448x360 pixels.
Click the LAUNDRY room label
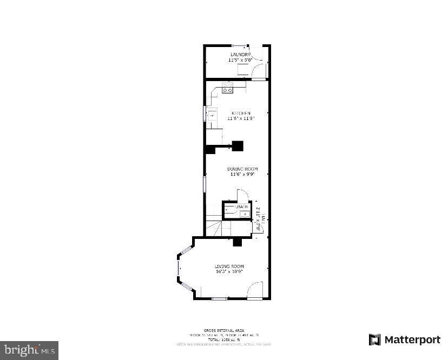(x=240, y=55)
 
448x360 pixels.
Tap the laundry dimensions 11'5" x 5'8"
(x=240, y=60)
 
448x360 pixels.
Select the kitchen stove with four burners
(x=227, y=88)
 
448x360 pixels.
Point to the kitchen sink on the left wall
(x=212, y=115)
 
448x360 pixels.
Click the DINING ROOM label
(x=242, y=169)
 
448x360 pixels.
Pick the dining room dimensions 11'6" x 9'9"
(x=242, y=174)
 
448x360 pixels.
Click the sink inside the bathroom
(x=244, y=214)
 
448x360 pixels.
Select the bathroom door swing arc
(x=243, y=195)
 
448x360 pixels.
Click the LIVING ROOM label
(x=229, y=266)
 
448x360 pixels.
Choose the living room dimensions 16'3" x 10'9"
(x=229, y=271)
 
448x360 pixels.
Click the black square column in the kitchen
(x=238, y=145)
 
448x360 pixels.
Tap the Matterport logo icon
(x=374, y=339)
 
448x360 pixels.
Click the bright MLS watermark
(x=29, y=350)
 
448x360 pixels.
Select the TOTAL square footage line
(x=223, y=339)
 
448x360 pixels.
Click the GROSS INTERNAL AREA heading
(x=223, y=330)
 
